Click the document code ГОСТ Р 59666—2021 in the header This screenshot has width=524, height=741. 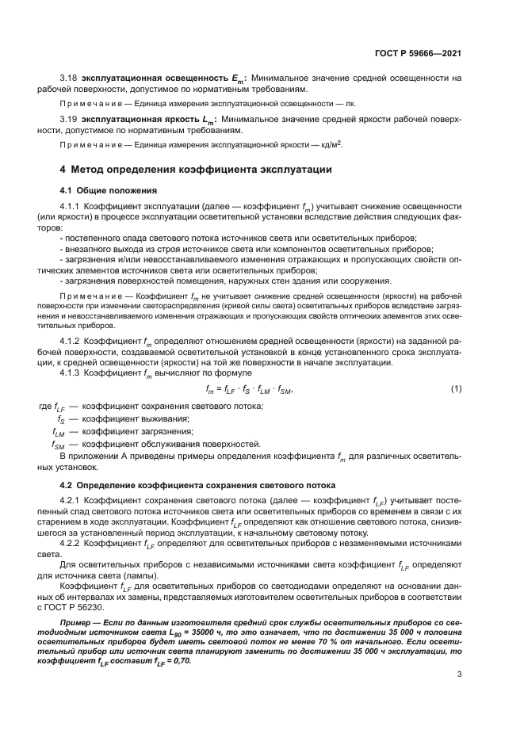pyautogui.click(x=419, y=53)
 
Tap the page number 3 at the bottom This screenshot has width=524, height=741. pyautogui.click(x=460, y=674)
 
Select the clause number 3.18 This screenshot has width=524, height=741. pyautogui.click(x=69, y=78)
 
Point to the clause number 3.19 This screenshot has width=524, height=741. pyautogui.click(x=69, y=118)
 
